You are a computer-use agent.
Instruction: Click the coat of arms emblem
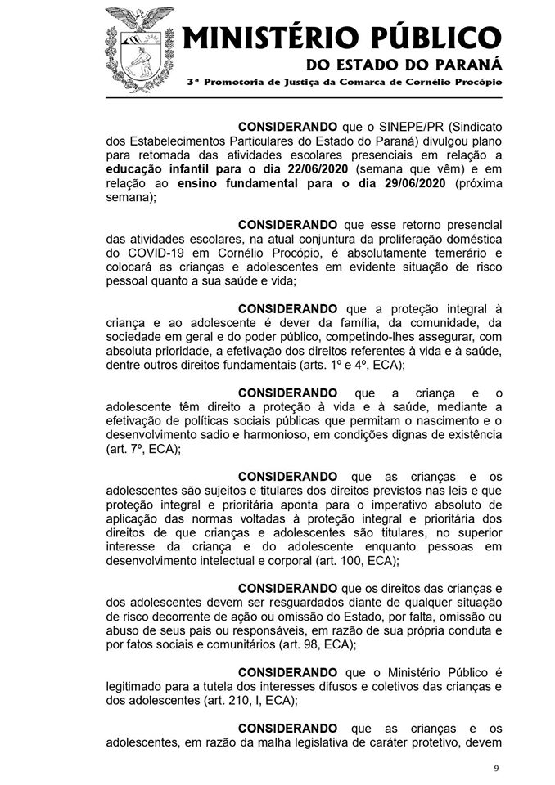[140, 47]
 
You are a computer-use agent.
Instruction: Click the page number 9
[495, 769]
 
